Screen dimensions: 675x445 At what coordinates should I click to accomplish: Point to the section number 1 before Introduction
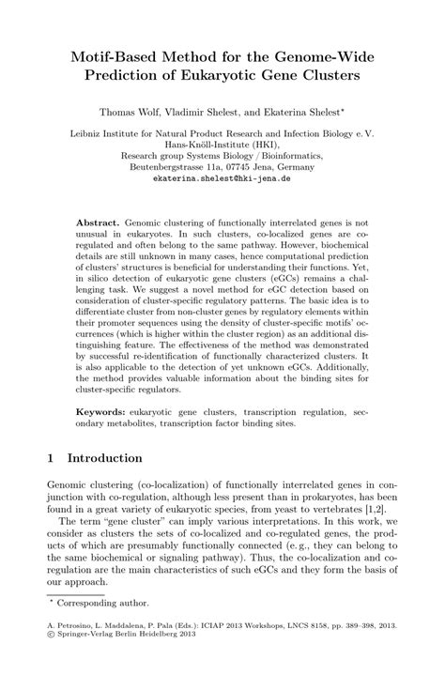tap(52, 458)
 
